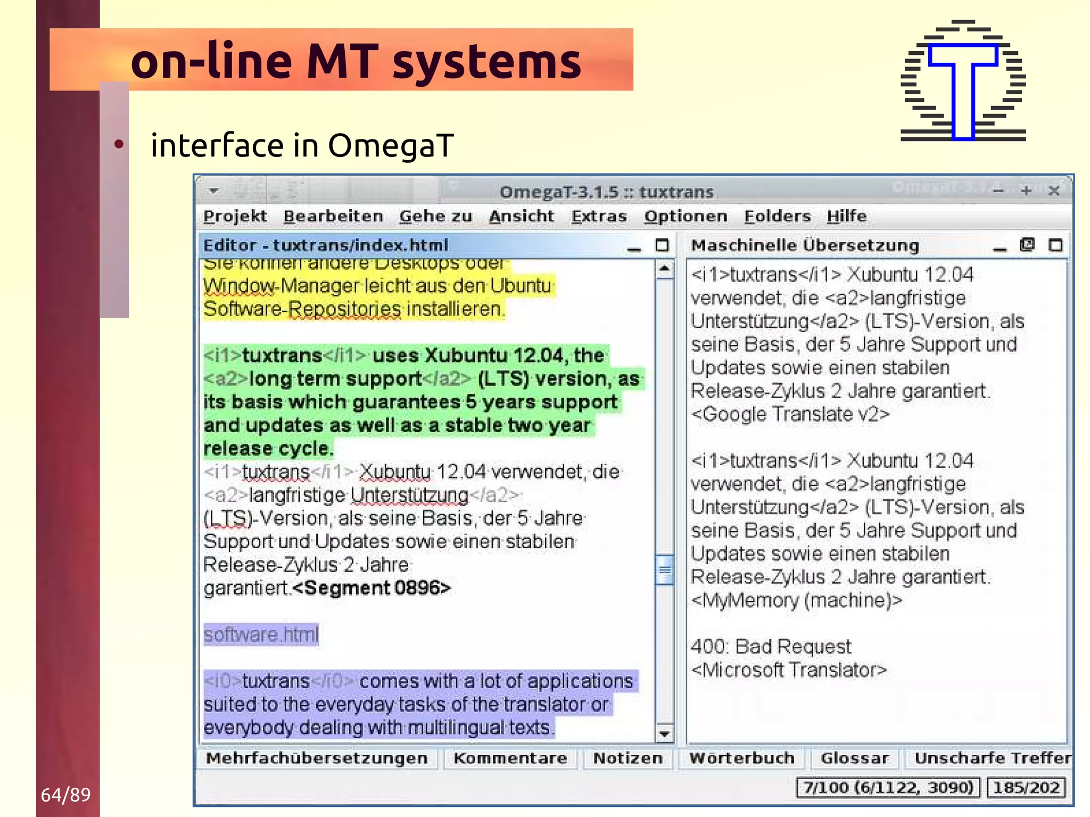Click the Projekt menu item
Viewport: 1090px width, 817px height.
235,216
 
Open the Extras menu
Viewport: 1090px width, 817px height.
599,216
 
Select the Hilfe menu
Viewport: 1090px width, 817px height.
846,216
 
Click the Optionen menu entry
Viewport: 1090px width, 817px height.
685,216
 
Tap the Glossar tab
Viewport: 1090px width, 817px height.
854,758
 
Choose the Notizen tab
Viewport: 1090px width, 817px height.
627,758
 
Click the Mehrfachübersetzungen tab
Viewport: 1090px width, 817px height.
317,758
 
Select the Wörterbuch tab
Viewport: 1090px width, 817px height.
741,758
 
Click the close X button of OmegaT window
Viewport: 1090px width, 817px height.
1053,191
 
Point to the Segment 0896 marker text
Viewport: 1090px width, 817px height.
371,588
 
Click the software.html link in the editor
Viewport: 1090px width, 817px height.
261,634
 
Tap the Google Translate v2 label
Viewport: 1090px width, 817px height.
790,414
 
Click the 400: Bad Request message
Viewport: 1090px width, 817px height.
771,646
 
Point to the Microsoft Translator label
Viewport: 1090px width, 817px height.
789,670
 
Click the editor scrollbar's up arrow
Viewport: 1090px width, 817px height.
664,269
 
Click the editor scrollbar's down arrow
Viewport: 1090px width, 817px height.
664,734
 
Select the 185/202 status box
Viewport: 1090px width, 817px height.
1026,787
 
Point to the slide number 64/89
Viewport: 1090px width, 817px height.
65,795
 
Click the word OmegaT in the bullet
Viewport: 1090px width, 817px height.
391,145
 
